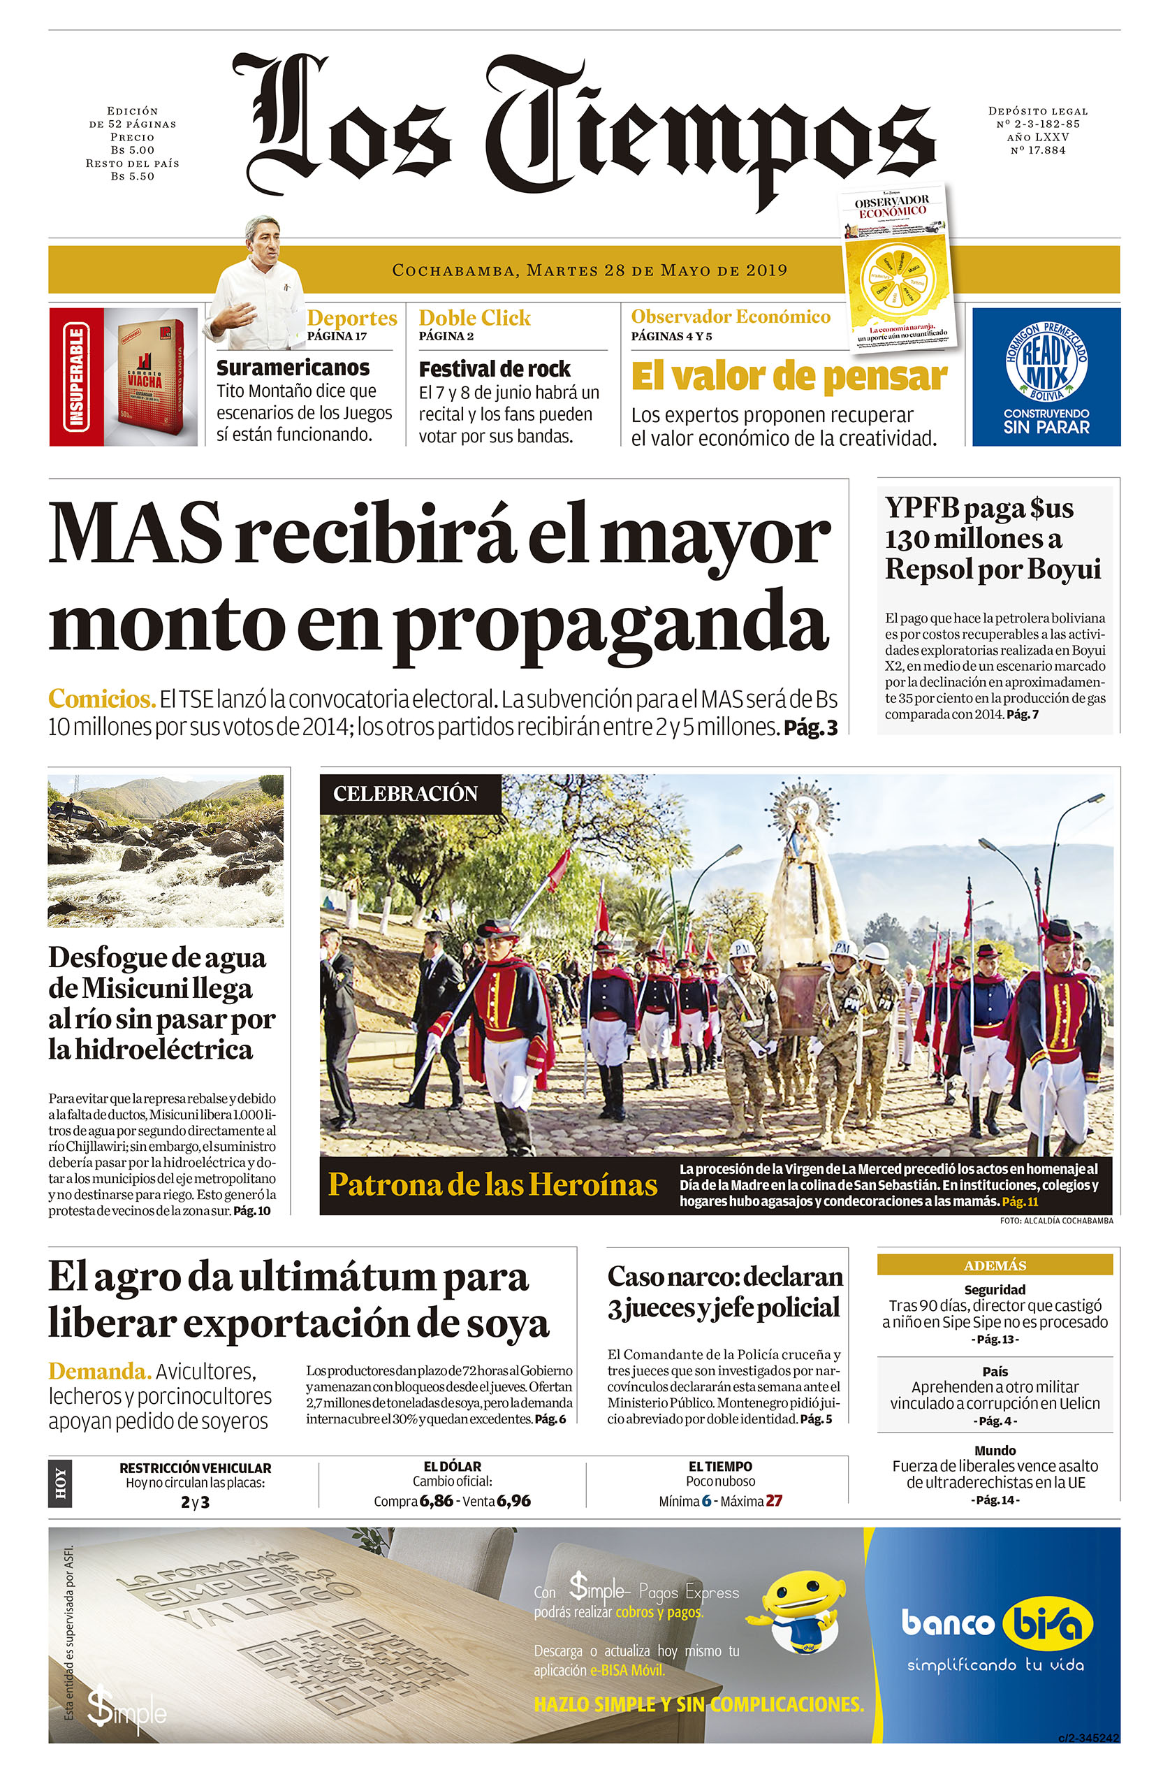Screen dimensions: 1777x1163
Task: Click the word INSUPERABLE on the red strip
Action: [x=75, y=377]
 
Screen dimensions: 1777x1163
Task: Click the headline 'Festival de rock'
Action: [x=494, y=369]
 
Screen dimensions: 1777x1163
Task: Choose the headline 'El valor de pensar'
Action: [x=789, y=377]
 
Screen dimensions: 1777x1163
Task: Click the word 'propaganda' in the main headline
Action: [x=610, y=623]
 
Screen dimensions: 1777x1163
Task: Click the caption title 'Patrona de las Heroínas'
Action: [x=492, y=1185]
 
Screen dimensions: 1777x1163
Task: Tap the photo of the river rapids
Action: [x=165, y=851]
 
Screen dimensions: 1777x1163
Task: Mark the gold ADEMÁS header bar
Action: [x=994, y=1265]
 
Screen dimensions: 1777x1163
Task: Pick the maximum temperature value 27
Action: [x=773, y=1501]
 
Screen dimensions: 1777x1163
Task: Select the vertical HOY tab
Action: [x=59, y=1484]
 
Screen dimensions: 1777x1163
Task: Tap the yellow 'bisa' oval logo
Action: [x=1046, y=1625]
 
